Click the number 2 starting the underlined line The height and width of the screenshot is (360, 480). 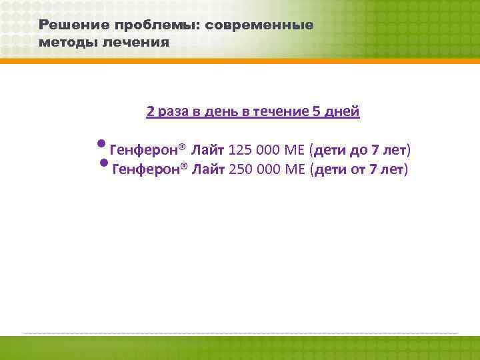click(x=151, y=111)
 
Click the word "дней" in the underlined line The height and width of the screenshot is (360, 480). click(x=342, y=111)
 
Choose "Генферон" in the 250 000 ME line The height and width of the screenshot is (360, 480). click(x=147, y=169)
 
